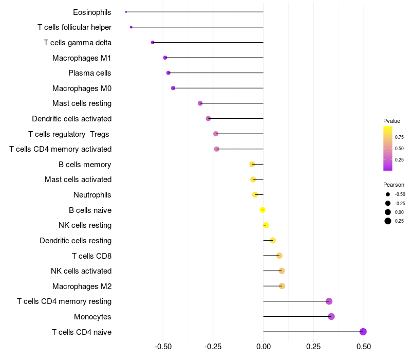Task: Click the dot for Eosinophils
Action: click(x=126, y=12)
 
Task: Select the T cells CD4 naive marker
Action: click(x=363, y=332)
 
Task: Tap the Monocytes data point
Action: click(x=331, y=316)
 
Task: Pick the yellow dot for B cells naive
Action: click(x=263, y=210)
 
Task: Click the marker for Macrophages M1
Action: click(x=165, y=58)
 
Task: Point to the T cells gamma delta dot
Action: click(x=153, y=42)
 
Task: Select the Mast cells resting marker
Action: click(x=200, y=103)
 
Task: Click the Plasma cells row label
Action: click(x=90, y=73)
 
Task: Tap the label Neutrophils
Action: click(x=92, y=195)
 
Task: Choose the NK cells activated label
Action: click(x=81, y=271)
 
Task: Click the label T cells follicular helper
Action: click(x=74, y=27)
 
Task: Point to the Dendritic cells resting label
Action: click(x=76, y=241)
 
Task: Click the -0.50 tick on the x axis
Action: click(x=163, y=347)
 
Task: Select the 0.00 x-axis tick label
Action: click(x=263, y=347)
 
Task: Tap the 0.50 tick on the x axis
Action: click(x=364, y=347)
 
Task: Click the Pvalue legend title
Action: click(x=391, y=121)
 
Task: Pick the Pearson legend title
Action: click(x=394, y=185)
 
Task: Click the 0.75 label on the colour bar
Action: click(x=399, y=137)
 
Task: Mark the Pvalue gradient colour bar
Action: click(x=388, y=148)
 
